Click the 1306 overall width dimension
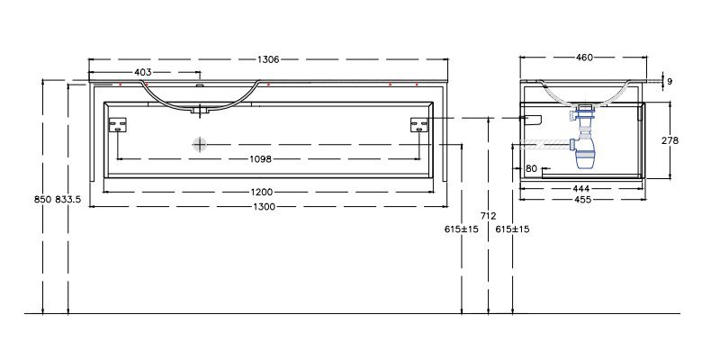268,59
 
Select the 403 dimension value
143,72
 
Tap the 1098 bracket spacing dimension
260,159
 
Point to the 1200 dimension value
262,192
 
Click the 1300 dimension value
265,207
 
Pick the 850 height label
42,199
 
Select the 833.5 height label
68,199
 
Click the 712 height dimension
488,216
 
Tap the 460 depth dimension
584,58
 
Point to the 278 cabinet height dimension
670,140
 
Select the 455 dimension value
583,200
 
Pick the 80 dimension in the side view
531,168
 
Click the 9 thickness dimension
670,82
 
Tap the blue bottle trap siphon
583,138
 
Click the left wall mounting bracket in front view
118,125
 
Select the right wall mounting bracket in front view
418,125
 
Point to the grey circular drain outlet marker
199,144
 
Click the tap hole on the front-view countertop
199,85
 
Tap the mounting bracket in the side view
533,121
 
